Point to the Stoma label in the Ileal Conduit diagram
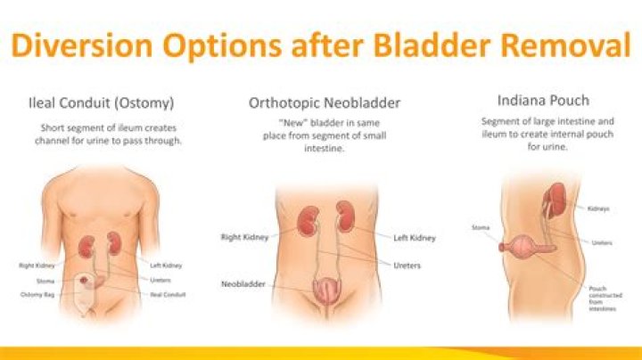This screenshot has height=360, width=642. [x=45, y=280]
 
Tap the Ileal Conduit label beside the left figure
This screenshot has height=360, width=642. [x=167, y=293]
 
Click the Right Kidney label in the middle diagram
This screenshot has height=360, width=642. [x=244, y=237]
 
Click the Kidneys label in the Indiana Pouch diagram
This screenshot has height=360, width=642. [x=599, y=209]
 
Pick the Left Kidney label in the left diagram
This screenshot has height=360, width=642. [x=167, y=265]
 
